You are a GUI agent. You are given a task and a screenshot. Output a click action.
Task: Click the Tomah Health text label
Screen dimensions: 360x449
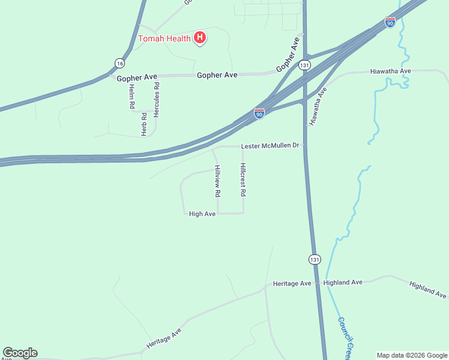[x=164, y=39]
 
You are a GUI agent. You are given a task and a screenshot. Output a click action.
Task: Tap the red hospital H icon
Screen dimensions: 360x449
[x=200, y=38]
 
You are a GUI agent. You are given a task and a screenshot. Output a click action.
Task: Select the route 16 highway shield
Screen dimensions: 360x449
[x=120, y=63]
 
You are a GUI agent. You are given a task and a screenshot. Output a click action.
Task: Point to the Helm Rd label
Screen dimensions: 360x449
[x=131, y=96]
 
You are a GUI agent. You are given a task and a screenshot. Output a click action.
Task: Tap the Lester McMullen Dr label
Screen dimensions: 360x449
[x=270, y=146]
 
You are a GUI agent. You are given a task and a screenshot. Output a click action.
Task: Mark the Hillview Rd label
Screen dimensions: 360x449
[x=218, y=181]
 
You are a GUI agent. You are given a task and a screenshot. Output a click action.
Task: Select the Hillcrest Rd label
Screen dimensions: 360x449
[x=243, y=180]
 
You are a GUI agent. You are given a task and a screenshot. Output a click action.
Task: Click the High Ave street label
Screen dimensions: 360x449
[x=202, y=214]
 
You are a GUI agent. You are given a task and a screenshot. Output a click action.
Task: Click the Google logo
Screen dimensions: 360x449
[x=20, y=353]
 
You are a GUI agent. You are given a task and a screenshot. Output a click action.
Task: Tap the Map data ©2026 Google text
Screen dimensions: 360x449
[x=412, y=355]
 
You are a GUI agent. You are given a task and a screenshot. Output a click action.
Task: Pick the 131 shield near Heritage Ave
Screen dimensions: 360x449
[x=315, y=259]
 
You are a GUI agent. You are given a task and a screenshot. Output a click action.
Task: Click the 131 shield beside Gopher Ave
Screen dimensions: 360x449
[x=306, y=65]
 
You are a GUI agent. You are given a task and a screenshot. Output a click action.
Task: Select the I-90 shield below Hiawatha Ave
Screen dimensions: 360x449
[x=259, y=113]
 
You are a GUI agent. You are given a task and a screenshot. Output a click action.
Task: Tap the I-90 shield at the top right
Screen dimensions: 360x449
[x=390, y=22]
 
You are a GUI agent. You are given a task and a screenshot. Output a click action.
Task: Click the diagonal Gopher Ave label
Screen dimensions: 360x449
[x=288, y=55]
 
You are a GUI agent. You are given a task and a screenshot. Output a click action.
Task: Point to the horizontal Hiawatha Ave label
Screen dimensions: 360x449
[x=390, y=71]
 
